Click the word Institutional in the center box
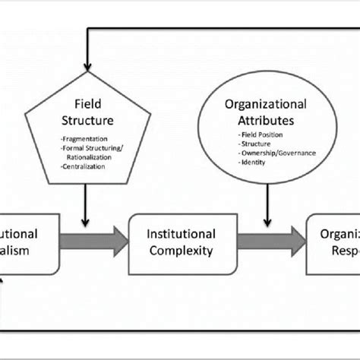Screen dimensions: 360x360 (x=183, y=233)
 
